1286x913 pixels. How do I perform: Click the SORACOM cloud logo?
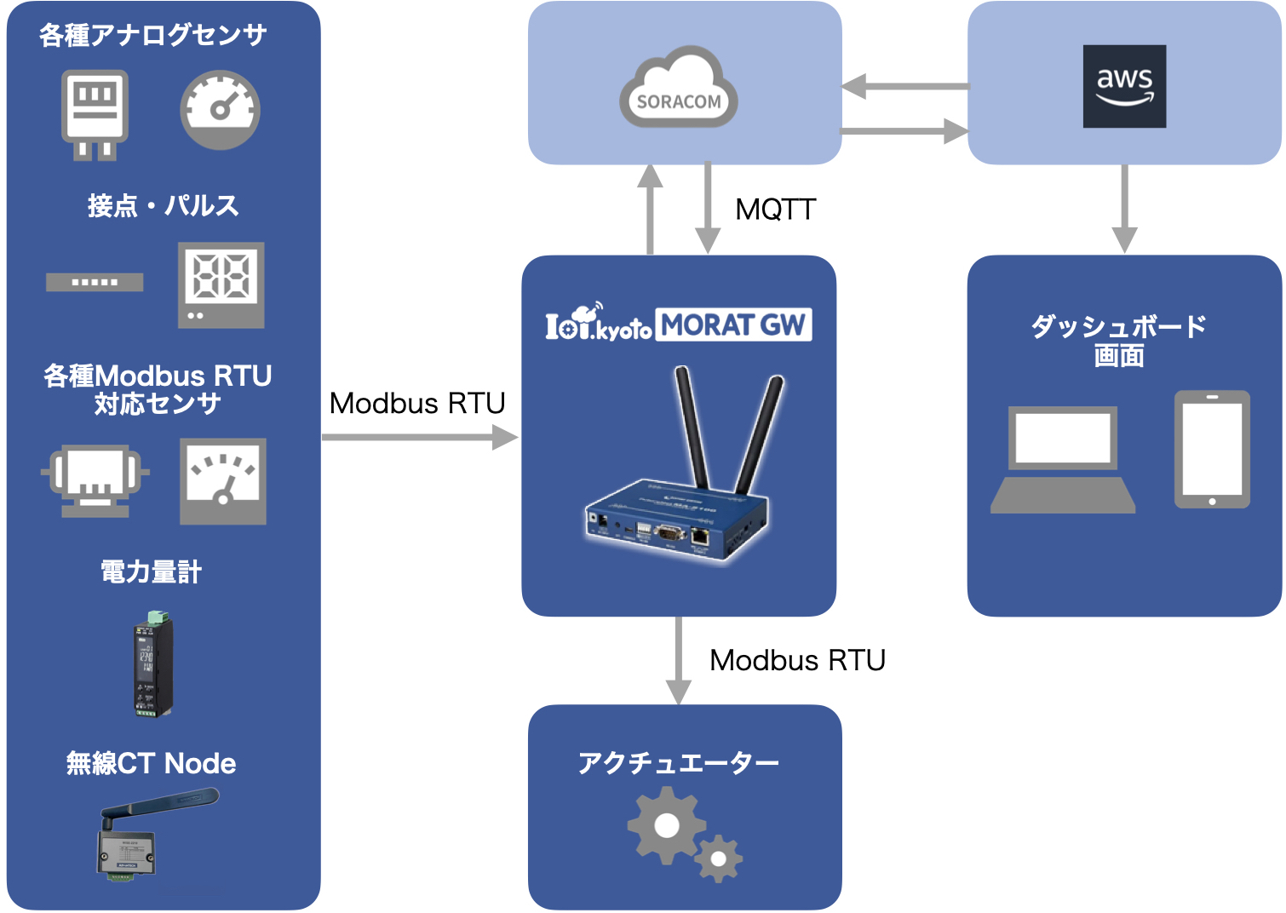(679, 89)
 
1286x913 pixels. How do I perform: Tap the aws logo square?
(1124, 86)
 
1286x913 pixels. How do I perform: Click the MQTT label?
(775, 210)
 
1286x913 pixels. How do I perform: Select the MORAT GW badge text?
(733, 324)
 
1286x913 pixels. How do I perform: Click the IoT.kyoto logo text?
(598, 323)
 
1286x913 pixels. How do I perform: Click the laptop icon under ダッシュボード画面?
(1063, 461)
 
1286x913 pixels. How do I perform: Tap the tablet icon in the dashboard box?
(1212, 450)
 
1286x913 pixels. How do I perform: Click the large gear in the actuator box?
(666, 824)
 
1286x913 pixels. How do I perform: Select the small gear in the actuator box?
(719, 858)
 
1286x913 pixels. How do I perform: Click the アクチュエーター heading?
(679, 762)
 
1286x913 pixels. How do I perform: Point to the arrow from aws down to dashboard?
(1124, 209)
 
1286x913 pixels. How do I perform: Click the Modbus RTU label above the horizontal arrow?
(417, 403)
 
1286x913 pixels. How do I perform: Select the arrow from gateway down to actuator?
(678, 660)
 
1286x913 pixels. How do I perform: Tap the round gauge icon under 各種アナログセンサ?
(220, 110)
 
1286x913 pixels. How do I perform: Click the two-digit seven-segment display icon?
(221, 284)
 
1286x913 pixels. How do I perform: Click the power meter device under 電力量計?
(152, 663)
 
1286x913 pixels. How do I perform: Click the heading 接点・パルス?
(163, 205)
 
